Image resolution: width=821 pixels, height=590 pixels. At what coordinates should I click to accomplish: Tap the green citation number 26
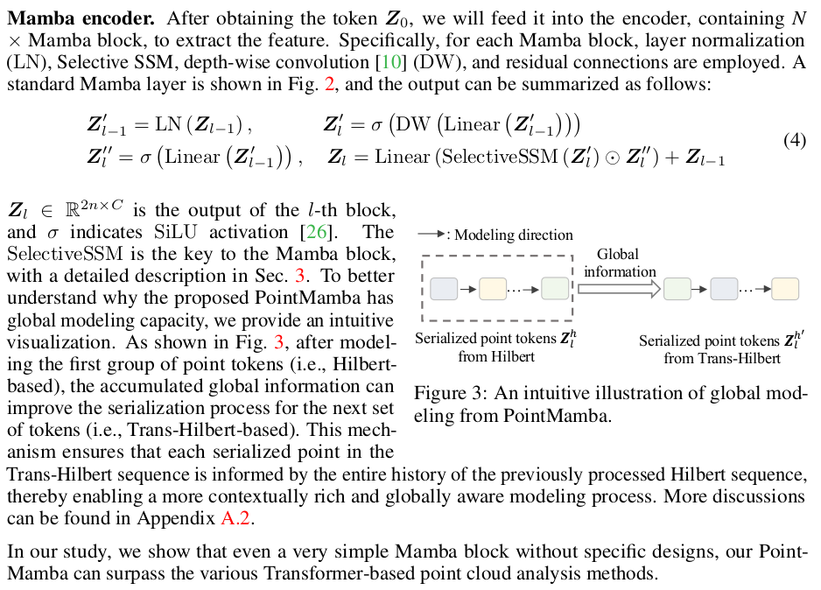pos(313,232)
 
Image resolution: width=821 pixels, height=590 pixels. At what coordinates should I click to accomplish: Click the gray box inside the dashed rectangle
pos(444,287)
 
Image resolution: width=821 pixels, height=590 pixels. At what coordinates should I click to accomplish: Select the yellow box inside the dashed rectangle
pos(493,287)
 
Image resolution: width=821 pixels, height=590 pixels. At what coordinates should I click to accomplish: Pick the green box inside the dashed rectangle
pos(555,287)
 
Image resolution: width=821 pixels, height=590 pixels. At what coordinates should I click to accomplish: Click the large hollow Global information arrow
pos(617,287)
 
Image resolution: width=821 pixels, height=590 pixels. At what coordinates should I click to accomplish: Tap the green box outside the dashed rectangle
pos(677,287)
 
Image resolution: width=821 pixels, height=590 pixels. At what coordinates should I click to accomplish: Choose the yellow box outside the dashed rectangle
pos(784,287)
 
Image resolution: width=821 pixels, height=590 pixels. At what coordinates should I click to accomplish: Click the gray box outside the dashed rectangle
pos(724,287)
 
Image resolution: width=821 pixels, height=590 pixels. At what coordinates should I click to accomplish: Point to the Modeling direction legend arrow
pos(430,235)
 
